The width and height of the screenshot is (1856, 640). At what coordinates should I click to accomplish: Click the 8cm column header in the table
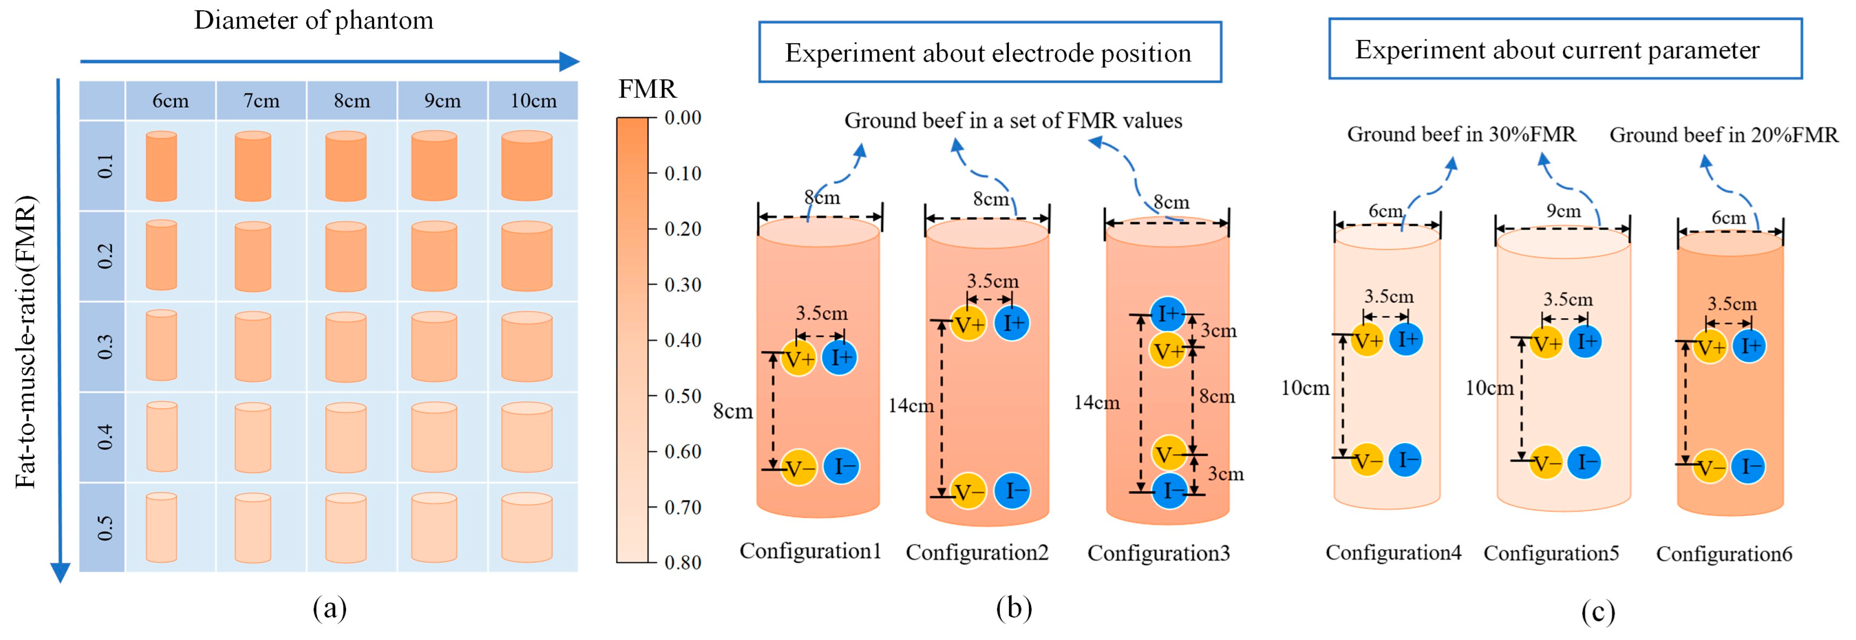[x=352, y=101]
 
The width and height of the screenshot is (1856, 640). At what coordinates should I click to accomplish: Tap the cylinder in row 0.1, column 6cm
[x=161, y=166]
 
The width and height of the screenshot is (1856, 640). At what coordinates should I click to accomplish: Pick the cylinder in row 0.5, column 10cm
[x=527, y=528]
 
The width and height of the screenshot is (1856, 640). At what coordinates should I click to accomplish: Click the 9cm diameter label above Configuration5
[x=1564, y=211]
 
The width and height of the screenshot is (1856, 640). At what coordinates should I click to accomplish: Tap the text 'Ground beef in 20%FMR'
[x=1723, y=135]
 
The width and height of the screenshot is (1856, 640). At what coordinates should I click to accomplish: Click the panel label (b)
[x=1014, y=608]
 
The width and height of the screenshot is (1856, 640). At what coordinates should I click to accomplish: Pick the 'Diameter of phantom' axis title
[x=314, y=20]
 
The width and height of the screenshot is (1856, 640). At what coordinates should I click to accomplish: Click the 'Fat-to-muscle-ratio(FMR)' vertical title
[x=26, y=342]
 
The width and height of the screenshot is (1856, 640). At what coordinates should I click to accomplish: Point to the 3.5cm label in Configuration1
[x=822, y=313]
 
